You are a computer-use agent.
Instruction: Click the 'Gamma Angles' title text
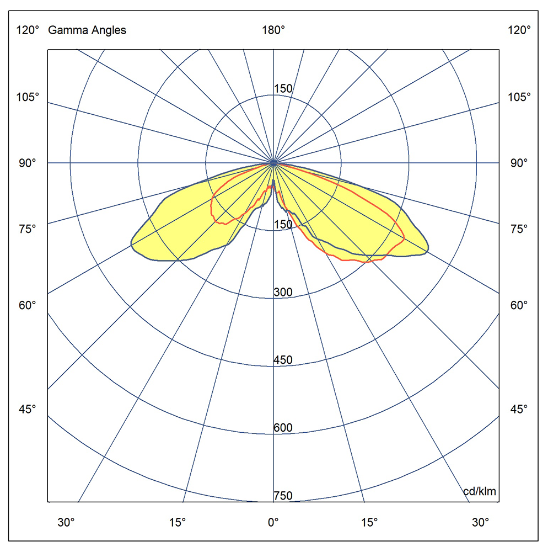(87, 30)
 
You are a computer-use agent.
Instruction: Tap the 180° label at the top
(273, 30)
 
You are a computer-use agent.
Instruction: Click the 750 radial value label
(283, 496)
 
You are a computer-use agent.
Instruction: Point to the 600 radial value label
(283, 428)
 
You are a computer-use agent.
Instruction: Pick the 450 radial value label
(283, 360)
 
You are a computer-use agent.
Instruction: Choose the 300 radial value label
(283, 293)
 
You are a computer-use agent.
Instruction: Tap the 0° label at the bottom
(273, 522)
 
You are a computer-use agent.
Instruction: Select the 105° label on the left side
(28, 97)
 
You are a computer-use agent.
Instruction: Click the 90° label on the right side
(519, 163)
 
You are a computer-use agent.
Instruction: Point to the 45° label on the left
(28, 409)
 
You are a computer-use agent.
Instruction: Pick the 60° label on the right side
(519, 305)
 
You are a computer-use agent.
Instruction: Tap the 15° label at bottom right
(369, 522)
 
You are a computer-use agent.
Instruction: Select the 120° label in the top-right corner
(519, 30)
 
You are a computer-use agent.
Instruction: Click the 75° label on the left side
(28, 229)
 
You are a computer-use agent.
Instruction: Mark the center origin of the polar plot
(273, 163)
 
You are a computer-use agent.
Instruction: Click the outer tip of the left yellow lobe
(131, 243)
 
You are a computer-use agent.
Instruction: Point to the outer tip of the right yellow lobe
(428, 251)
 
